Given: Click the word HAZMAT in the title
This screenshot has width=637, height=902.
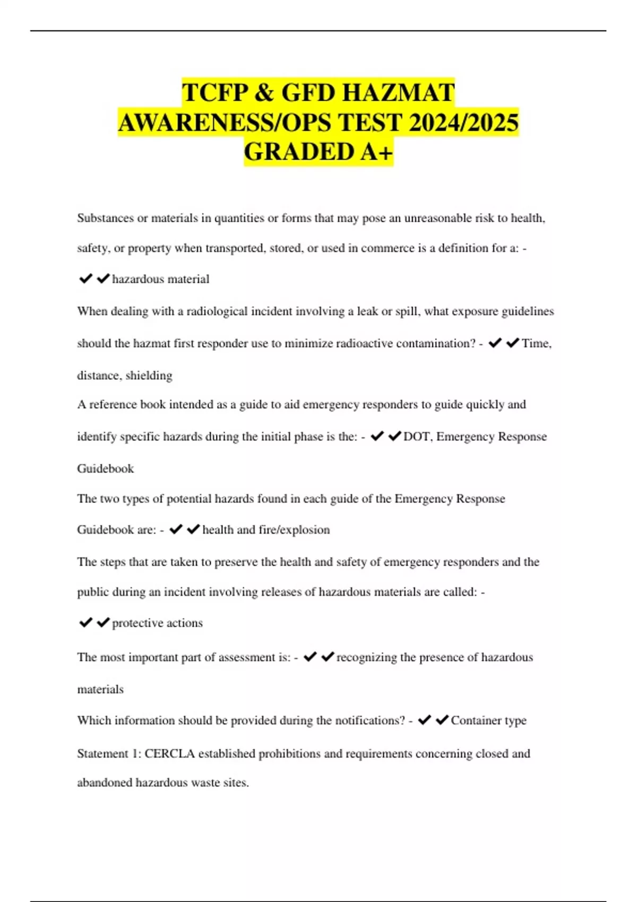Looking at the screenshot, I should point(398,92).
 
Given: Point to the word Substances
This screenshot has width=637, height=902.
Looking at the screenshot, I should point(105,218).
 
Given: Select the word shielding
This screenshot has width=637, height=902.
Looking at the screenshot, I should point(149,376).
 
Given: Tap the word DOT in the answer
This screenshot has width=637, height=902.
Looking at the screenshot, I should point(416,437).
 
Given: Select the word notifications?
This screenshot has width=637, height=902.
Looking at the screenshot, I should point(360,721).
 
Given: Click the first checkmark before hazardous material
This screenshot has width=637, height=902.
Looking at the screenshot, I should point(85,279).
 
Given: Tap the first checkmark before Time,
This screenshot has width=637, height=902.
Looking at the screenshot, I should point(495,343).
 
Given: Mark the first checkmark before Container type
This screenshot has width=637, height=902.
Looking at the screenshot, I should point(424,720).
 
